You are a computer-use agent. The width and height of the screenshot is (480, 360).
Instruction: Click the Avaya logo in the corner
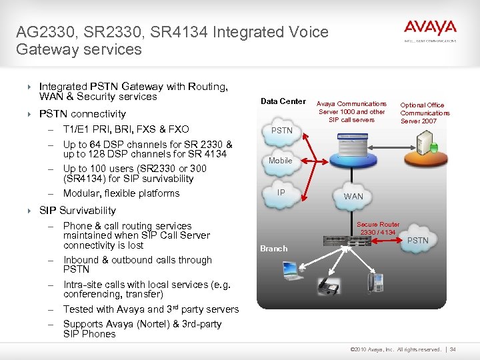(x=430, y=30)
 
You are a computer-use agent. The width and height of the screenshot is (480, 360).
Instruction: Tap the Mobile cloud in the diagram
(x=281, y=161)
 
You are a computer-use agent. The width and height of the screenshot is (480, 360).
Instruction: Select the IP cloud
(x=281, y=193)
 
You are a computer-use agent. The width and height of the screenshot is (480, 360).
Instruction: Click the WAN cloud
(x=353, y=196)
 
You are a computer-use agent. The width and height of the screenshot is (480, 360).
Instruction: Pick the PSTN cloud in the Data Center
(x=282, y=130)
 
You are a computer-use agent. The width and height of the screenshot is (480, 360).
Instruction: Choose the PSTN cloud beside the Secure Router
(x=417, y=240)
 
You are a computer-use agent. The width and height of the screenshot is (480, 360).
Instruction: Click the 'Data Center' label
(x=283, y=101)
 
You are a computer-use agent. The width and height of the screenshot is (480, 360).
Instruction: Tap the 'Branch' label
(x=273, y=249)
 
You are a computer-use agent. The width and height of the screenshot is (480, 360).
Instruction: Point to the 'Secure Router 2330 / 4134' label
(x=378, y=229)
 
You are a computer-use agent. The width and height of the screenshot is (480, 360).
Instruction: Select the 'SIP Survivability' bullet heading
(x=77, y=211)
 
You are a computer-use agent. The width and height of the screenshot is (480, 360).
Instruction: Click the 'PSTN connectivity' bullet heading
(x=83, y=114)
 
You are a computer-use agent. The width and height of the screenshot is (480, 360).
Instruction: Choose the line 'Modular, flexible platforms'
(x=121, y=193)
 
